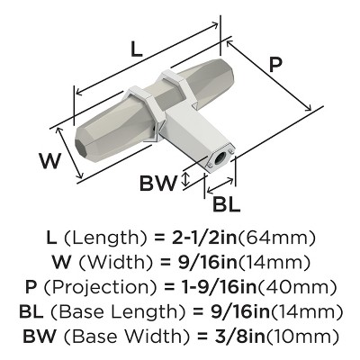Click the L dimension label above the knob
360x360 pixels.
pyautogui.click(x=136, y=51)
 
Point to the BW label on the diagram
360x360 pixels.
pyautogui.click(x=158, y=184)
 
